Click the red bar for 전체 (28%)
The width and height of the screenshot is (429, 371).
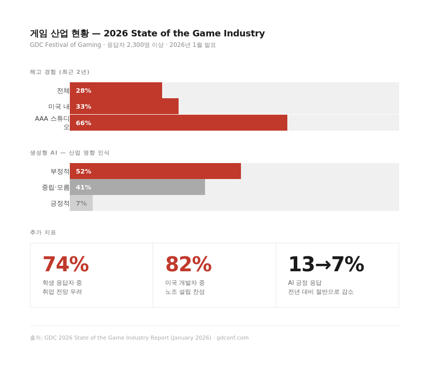[x=116, y=90]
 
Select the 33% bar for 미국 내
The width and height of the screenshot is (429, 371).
[x=124, y=106]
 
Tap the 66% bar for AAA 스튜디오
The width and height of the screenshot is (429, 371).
[x=179, y=123]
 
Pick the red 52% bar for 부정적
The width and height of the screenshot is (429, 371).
[x=155, y=171]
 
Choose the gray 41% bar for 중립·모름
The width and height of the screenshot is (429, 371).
[x=137, y=187]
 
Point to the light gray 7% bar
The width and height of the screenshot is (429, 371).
[x=81, y=203]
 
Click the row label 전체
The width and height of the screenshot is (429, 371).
[x=63, y=90]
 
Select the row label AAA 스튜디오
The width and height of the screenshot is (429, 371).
[x=52, y=123]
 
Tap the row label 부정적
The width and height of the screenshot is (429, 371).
[x=60, y=171]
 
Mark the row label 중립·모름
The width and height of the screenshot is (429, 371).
[x=55, y=187]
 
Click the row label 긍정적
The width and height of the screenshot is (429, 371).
[x=60, y=203]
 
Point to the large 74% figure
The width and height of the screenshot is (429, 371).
[x=65, y=264]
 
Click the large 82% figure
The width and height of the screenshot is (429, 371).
[x=189, y=264]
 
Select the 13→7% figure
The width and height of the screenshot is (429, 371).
[x=326, y=264]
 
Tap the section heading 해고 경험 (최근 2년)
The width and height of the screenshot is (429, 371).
[x=59, y=72]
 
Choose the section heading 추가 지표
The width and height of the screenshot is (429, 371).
[x=43, y=232]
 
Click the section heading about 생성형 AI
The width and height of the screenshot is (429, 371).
[x=69, y=153]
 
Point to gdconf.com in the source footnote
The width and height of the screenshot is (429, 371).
[x=232, y=338]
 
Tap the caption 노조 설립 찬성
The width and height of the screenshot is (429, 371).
[x=185, y=292]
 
